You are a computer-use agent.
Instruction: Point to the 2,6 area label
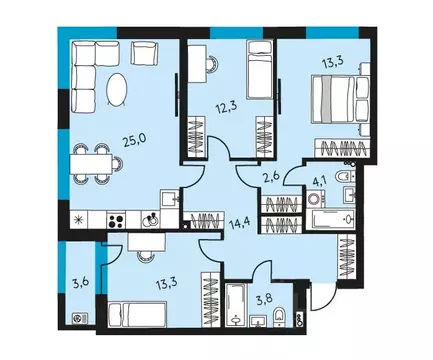[271, 178]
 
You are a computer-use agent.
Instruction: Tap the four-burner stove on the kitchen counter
[117, 221]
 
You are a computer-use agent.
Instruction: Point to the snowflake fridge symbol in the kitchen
[78, 220]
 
